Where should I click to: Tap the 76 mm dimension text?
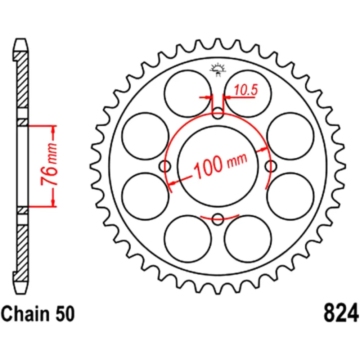(x=49, y=164)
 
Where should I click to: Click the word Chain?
(x=26, y=314)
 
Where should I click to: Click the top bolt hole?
(x=217, y=114)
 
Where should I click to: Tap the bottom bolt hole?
(x=217, y=219)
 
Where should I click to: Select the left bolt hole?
(x=165, y=166)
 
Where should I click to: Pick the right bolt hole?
(x=271, y=166)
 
